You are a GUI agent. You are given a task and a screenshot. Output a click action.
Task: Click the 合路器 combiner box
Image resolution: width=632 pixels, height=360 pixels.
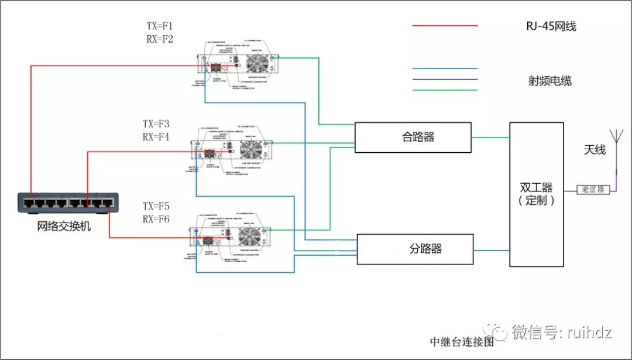point(413,138)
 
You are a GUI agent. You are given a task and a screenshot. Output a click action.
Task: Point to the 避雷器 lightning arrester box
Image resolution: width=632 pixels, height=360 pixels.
point(593,190)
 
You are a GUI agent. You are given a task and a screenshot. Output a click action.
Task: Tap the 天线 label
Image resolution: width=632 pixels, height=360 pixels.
point(594,150)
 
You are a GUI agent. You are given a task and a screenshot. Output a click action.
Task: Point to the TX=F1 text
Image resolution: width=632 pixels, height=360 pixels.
point(159,26)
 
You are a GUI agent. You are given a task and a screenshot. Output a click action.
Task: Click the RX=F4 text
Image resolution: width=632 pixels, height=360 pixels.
point(156,138)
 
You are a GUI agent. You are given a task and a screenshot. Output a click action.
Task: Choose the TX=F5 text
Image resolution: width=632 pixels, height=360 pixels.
point(156,207)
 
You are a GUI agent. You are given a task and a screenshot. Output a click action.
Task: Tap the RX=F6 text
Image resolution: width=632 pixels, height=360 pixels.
point(156,220)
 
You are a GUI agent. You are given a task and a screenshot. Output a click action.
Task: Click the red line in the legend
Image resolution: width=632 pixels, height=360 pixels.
point(445,26)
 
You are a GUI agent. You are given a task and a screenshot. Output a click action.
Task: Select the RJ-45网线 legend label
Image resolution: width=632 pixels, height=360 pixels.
point(547,26)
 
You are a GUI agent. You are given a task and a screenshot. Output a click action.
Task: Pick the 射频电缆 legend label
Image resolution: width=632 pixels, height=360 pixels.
point(549,81)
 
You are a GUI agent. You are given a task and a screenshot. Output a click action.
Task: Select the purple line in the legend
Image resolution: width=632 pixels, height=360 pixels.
point(445,79)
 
